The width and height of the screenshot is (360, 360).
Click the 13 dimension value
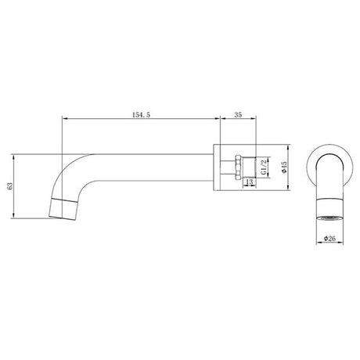[249, 183]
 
